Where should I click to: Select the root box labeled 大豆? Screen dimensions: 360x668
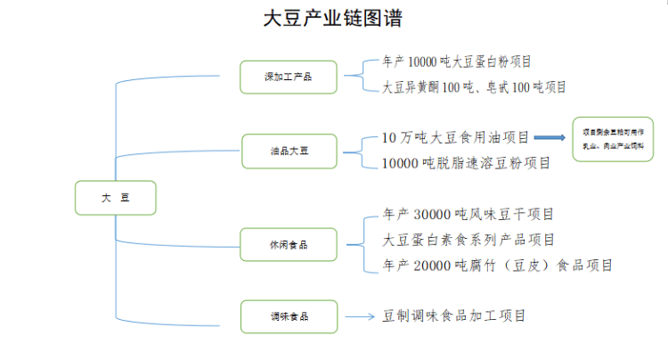click(116, 198)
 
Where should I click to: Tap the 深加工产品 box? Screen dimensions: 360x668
click(289, 77)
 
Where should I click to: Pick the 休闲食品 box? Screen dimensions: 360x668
click(289, 243)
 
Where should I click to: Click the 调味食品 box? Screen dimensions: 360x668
click(289, 316)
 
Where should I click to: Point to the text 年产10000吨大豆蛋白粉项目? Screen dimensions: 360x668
click(456, 62)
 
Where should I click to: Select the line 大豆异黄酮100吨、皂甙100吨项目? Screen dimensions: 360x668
click(474, 87)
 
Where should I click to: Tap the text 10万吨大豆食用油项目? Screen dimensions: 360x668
click(455, 137)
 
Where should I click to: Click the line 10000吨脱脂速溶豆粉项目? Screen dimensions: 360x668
click(465, 163)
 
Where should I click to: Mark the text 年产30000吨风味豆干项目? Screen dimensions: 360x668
click(468, 215)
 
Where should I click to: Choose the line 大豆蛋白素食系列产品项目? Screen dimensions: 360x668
click(468, 240)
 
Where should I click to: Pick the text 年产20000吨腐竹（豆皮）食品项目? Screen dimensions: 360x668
click(497, 266)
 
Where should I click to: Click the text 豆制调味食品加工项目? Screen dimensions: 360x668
click(454, 315)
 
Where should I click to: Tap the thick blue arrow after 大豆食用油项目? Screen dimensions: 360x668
click(550, 138)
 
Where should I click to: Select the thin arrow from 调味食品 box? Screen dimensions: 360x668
click(359, 316)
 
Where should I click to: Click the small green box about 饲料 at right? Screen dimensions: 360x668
click(613, 138)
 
